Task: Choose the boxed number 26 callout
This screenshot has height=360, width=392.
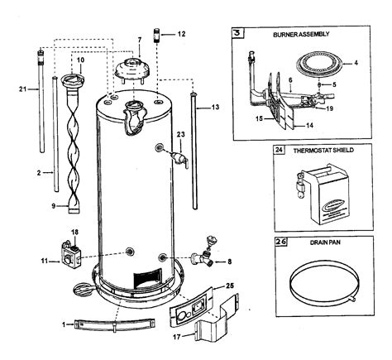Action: pyautogui.click(x=278, y=243)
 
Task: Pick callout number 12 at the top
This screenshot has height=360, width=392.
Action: pyautogui.click(x=182, y=34)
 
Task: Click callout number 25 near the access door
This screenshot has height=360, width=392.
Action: pyautogui.click(x=232, y=285)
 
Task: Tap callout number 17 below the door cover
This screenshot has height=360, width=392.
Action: pyautogui.click(x=174, y=335)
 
